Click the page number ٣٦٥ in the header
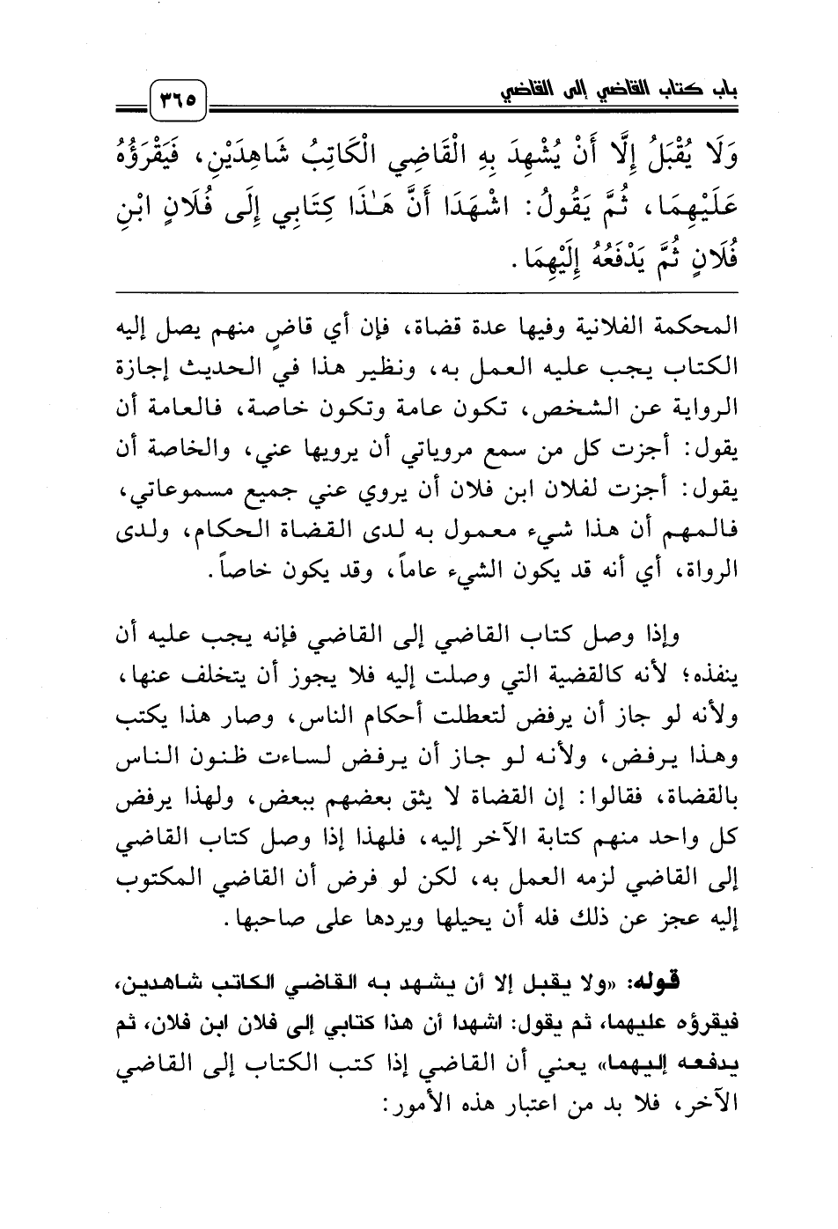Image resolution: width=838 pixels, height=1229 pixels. point(180,91)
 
